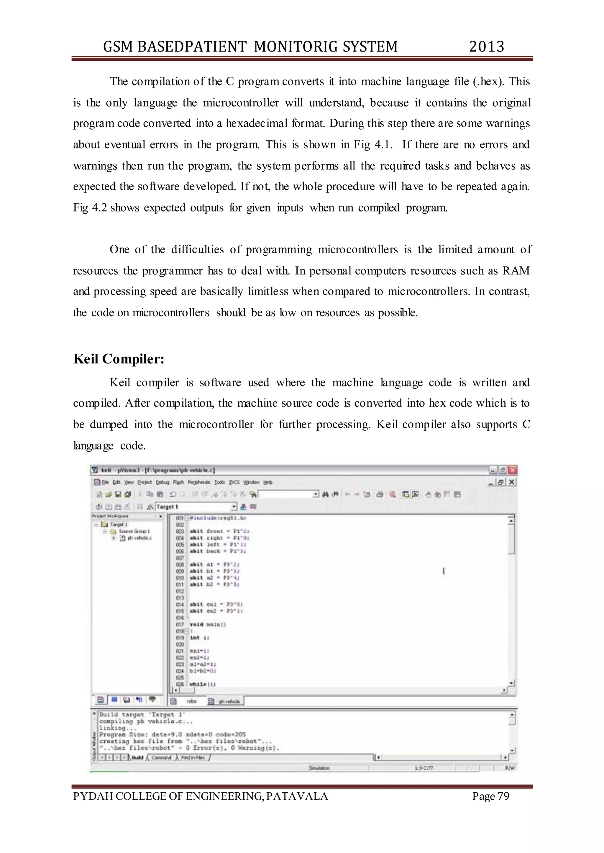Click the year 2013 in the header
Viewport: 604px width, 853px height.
[x=486, y=47]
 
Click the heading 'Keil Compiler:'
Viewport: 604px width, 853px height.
[x=119, y=359]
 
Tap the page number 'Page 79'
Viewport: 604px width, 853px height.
[x=490, y=796]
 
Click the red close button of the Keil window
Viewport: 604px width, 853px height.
[x=513, y=470]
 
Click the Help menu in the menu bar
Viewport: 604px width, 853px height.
[x=268, y=482]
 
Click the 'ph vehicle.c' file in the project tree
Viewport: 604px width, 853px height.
[x=139, y=538]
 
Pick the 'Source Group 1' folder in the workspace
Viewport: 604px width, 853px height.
[x=134, y=531]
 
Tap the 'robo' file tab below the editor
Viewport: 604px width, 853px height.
[x=191, y=701]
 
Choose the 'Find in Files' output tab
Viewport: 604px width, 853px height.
[x=193, y=758]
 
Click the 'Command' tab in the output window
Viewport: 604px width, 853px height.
[x=161, y=758]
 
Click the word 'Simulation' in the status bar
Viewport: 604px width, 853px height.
[x=319, y=768]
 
